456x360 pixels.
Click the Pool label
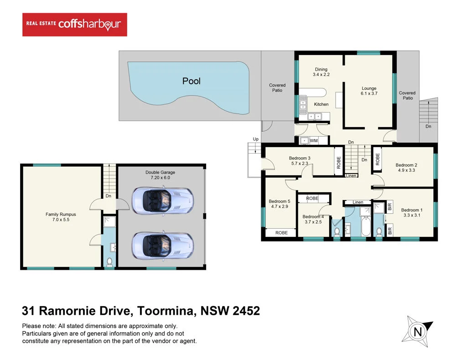[192, 81]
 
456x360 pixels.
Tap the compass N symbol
[417, 332]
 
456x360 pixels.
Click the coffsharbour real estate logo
[75, 25]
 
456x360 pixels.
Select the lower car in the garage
[162, 245]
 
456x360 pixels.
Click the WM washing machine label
[314, 141]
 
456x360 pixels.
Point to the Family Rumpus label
[61, 214]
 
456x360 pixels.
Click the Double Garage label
[160, 172]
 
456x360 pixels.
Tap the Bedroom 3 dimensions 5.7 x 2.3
[299, 164]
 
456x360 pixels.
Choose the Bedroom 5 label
[279, 201]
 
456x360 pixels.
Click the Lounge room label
[369, 88]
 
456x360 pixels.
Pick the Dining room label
[321, 70]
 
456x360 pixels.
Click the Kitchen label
[321, 104]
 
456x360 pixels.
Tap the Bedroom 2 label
[406, 165]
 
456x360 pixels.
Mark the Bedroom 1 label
[411, 210]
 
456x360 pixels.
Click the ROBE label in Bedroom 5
[281, 232]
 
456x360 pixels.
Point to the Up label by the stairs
[255, 139]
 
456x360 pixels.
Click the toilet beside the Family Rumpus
[109, 262]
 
